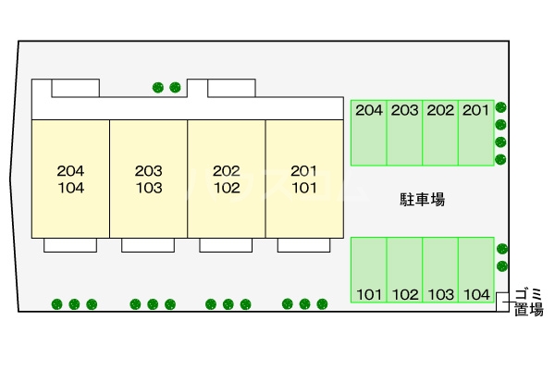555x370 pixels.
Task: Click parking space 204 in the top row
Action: (369, 132)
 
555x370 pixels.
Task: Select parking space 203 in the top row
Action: (404, 132)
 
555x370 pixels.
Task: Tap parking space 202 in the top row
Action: (440, 132)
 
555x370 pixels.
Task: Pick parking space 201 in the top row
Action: (475, 132)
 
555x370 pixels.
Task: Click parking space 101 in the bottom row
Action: (369, 269)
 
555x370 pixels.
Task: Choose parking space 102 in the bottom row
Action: (404, 269)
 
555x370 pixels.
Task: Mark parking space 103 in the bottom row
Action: (440, 269)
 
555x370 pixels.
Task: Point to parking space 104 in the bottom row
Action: (475, 269)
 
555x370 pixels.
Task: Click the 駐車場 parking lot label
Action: (423, 199)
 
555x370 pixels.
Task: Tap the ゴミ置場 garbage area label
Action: (529, 302)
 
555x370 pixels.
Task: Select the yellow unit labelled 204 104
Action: (70, 179)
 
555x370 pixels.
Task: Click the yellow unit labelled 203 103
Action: (148, 179)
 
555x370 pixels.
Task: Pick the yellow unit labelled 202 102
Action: (226, 179)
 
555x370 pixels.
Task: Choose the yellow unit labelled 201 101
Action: (304, 179)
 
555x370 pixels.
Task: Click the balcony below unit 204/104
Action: (70, 244)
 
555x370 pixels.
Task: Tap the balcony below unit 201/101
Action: (304, 244)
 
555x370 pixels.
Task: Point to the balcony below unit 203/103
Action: (148, 244)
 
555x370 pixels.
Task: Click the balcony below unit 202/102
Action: (226, 244)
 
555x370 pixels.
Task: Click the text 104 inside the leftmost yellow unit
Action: (70, 187)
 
